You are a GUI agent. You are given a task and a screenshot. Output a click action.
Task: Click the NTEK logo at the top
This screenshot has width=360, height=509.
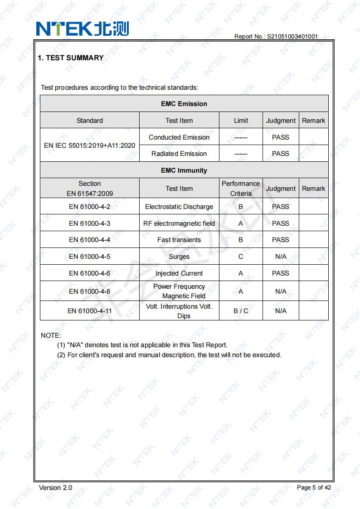pyautogui.click(x=83, y=29)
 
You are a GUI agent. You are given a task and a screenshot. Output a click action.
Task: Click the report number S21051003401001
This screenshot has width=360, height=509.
pyautogui.click(x=276, y=36)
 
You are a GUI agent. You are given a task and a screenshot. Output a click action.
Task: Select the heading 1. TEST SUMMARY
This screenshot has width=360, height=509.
pyautogui.click(x=70, y=58)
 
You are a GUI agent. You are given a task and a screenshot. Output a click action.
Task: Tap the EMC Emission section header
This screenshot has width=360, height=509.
pyautogui.click(x=184, y=104)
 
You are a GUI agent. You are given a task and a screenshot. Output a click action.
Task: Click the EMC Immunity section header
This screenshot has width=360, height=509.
pyautogui.click(x=184, y=170)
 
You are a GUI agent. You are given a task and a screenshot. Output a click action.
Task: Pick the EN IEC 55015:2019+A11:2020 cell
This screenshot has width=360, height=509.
pyautogui.click(x=90, y=145)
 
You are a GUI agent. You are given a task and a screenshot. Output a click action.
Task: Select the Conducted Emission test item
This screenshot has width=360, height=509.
pyautogui.click(x=179, y=137)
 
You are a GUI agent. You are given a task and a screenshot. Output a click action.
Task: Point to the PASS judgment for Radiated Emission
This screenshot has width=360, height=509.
pyautogui.click(x=280, y=154)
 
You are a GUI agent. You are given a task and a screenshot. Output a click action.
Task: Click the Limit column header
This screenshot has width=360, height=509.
pyautogui.click(x=241, y=121)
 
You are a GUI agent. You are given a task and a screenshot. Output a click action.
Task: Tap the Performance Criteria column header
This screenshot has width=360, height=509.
pyautogui.click(x=241, y=189)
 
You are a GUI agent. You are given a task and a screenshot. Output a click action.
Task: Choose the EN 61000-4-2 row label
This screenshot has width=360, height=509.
pyautogui.click(x=90, y=207)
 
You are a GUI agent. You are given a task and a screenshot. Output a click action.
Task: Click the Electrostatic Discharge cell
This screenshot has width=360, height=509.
pyautogui.click(x=179, y=207)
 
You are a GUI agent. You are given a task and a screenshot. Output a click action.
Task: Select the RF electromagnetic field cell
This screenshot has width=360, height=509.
pyautogui.click(x=179, y=223)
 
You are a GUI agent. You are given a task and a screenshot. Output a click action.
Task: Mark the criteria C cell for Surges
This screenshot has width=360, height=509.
pyautogui.click(x=241, y=257)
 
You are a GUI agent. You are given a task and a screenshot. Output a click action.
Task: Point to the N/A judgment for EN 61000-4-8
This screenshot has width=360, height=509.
pyautogui.click(x=281, y=291)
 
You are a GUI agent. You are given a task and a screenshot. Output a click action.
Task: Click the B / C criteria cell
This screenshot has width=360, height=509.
pyautogui.click(x=241, y=311)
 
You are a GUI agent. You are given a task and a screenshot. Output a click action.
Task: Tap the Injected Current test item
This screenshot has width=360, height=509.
pyautogui.click(x=179, y=273)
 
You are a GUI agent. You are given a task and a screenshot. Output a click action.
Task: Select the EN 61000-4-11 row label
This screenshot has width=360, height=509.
pyautogui.click(x=90, y=311)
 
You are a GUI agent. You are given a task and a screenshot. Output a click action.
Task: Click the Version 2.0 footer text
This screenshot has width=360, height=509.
pyautogui.click(x=55, y=488)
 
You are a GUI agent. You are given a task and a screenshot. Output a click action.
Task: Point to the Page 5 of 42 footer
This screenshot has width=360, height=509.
pyautogui.click(x=314, y=488)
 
